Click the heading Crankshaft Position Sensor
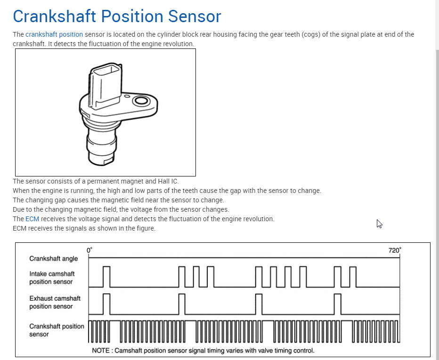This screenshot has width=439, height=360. pos(117,16)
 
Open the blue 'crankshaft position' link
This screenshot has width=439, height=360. pos(54,34)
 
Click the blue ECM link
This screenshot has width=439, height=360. pos(32,219)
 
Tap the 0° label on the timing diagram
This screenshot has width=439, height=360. pos(89,250)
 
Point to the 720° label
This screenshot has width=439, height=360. pos(395,250)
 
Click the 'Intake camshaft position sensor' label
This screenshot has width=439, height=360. pos(52,278)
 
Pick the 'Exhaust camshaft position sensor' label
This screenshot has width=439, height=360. pos(55,302)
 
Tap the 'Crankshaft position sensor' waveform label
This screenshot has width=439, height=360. pos(57,330)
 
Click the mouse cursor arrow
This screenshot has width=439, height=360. pos(379,224)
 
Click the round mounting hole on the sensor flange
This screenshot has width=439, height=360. pos(140,101)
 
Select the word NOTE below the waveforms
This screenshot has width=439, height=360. pos(100,351)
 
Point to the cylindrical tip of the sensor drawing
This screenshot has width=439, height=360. pos(100,151)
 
